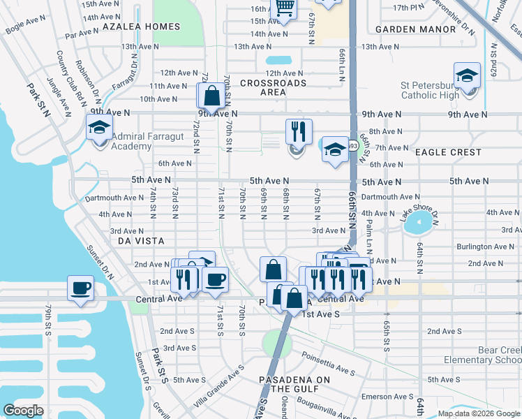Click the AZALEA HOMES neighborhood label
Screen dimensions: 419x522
pos(141,27)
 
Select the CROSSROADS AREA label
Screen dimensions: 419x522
pos(273,87)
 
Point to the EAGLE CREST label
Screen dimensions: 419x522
pos(447,152)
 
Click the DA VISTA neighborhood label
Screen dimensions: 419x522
pos(140,240)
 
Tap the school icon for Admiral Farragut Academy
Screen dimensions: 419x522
pos(100,128)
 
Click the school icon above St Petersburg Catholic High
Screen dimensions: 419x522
pos(467,76)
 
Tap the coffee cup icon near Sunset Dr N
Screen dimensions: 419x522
pos(80,288)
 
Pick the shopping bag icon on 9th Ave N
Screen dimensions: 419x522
pos(211,96)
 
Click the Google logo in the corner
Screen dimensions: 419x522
pos(24,410)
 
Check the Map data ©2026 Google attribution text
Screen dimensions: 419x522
pos(477,413)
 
